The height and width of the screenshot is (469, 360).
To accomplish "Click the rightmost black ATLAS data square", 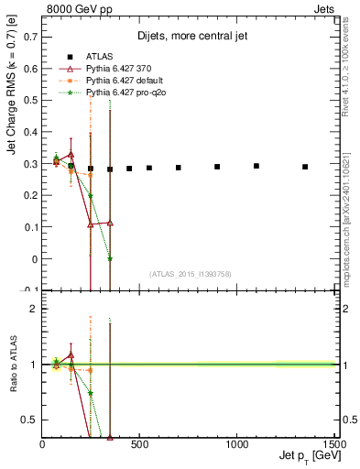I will point(305,167).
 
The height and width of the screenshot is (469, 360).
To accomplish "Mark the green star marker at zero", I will point(110,259).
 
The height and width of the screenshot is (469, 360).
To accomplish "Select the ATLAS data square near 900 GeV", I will point(217,167).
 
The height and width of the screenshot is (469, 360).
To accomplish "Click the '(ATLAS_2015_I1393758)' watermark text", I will point(189,274).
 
